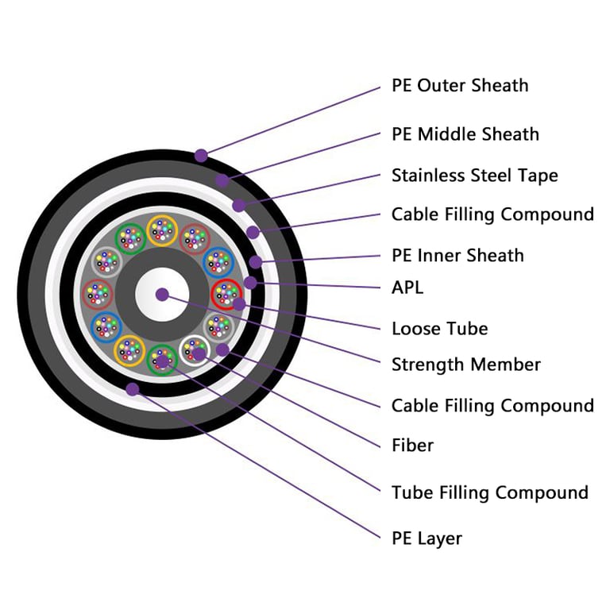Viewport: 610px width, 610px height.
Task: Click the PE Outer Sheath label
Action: pyautogui.click(x=459, y=86)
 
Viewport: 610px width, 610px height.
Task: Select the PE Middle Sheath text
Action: pyautogui.click(x=465, y=134)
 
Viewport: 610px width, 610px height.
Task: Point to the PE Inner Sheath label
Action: pyautogui.click(x=457, y=256)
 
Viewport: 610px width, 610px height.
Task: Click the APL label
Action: pyautogui.click(x=407, y=288)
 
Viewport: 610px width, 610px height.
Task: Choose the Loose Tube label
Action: pyautogui.click(x=439, y=329)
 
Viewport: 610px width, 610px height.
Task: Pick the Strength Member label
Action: pyautogui.click(x=465, y=365)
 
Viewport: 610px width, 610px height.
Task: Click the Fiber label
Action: pyautogui.click(x=412, y=446)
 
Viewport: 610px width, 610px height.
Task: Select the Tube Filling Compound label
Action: pyautogui.click(x=489, y=492)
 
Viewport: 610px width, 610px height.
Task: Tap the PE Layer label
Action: pyautogui.click(x=427, y=539)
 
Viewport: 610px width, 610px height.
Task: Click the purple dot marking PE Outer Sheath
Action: pyautogui.click(x=202, y=156)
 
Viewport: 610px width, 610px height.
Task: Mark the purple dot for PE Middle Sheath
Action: pyautogui.click(x=222, y=180)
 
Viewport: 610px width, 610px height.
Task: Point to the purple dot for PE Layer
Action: pyautogui.click(x=132, y=389)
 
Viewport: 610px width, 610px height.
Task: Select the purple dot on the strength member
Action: pyautogui.click(x=162, y=295)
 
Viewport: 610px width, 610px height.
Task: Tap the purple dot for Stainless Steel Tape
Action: pyautogui.click(x=238, y=206)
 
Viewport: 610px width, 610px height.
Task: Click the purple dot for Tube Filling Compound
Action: pyautogui.click(x=163, y=362)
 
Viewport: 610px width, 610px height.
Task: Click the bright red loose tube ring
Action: pyautogui.click(x=226, y=295)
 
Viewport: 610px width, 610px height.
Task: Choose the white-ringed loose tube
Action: pyautogui.click(x=195, y=350)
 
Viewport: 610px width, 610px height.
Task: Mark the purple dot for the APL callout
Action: pyautogui.click(x=250, y=283)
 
